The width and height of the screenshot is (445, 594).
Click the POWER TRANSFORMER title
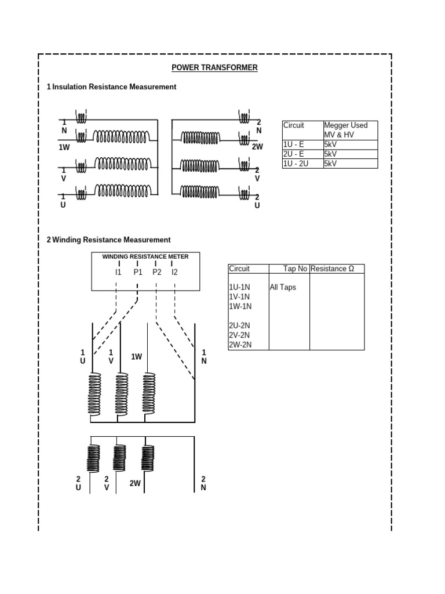[x=214, y=68]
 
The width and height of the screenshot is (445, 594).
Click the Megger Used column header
[x=346, y=125]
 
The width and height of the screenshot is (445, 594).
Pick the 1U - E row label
[x=293, y=145]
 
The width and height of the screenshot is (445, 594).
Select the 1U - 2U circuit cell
[x=295, y=164]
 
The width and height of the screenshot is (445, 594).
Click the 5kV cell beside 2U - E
[x=330, y=154]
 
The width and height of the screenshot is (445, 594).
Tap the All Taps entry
[x=283, y=287]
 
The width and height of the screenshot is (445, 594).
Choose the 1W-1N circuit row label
[x=240, y=306]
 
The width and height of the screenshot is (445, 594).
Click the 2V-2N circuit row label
[x=240, y=335]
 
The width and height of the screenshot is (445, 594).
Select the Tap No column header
[x=296, y=269]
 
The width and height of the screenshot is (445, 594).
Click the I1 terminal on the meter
[x=118, y=271]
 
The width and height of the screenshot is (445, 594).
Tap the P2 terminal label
[x=156, y=271]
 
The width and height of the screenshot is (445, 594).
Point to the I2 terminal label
[x=174, y=271]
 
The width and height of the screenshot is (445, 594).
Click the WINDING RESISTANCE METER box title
[x=145, y=256]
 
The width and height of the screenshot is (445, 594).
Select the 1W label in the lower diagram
[x=136, y=357]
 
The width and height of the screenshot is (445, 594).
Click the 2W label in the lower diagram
[x=135, y=483]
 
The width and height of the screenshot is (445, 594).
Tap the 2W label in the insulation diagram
[x=257, y=147]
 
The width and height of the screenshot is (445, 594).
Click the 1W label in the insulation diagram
[x=64, y=147]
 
